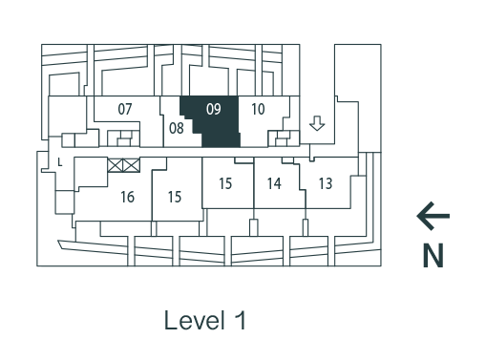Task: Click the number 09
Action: click(x=214, y=110)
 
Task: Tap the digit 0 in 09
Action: click(x=210, y=110)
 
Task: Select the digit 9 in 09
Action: click(x=218, y=110)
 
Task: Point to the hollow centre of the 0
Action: click(x=210, y=110)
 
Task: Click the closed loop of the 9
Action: click(x=218, y=107)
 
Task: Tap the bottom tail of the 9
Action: click(x=217, y=115)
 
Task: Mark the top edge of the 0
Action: click(x=210, y=104)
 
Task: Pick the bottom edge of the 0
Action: click(x=210, y=116)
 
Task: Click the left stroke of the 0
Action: click(x=207, y=110)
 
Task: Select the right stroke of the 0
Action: click(x=213, y=110)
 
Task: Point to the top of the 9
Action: click(x=218, y=104)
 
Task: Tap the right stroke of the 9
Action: click(x=221, y=109)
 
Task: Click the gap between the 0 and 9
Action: click(x=214, y=110)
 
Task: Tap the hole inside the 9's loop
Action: click(x=218, y=107)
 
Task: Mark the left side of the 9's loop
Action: click(x=215, y=107)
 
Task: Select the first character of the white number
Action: click(x=210, y=110)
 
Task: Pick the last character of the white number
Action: click(x=218, y=110)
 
